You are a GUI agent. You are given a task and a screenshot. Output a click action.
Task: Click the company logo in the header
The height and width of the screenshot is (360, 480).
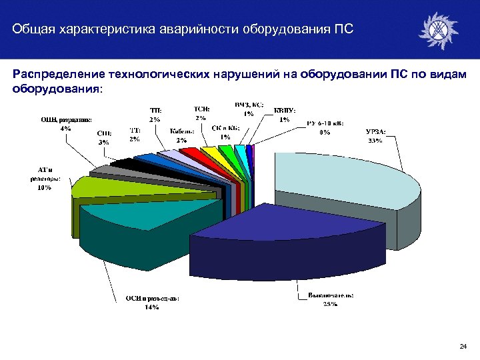coord(438,30)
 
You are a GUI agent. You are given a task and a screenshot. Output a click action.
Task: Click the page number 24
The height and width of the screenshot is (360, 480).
coord(463,346)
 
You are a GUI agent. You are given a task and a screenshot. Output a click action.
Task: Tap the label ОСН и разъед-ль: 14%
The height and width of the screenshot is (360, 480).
coord(153,302)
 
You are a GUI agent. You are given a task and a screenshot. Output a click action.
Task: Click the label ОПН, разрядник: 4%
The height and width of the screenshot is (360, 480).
coord(65,123)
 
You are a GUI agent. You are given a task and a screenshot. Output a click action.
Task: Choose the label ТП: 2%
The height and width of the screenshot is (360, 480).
coord(155,115)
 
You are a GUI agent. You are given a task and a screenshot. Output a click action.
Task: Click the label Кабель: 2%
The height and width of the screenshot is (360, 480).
coord(181,135)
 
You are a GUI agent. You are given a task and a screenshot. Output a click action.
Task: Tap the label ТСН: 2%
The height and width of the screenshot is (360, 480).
coord(202,112)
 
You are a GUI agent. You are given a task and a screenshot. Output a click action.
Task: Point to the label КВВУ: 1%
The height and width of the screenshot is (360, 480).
coord(285,115)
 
